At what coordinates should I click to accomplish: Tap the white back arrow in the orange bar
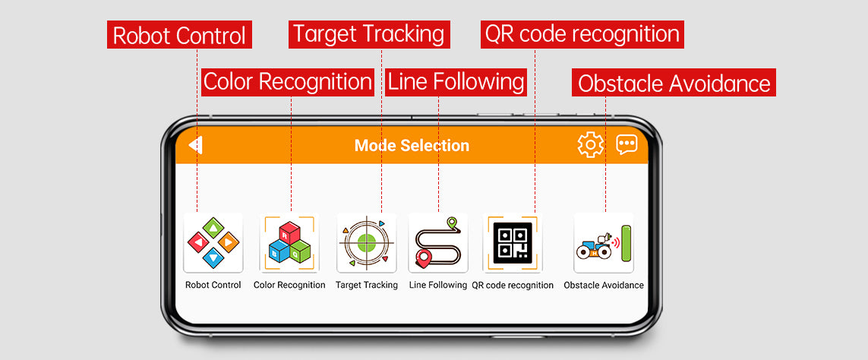(x=195, y=145)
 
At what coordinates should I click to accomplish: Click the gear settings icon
(x=591, y=144)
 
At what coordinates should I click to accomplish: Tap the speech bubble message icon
(x=627, y=144)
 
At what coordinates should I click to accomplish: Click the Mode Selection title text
(x=412, y=146)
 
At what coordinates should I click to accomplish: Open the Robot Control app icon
(x=213, y=242)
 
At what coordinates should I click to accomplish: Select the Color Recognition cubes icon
(x=289, y=242)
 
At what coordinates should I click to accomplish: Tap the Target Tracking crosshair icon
(x=367, y=242)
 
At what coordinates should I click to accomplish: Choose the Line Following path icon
(x=438, y=242)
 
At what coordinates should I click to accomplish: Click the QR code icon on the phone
(x=513, y=242)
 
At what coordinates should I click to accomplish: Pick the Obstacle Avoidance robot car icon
(x=604, y=242)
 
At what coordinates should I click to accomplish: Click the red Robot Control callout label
(x=179, y=35)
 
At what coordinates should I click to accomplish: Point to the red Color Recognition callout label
(x=288, y=82)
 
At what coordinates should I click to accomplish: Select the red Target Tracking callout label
(x=369, y=34)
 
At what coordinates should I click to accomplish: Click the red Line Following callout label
(x=456, y=82)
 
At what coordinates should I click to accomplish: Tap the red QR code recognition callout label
(x=582, y=34)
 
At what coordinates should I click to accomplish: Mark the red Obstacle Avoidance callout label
(x=674, y=83)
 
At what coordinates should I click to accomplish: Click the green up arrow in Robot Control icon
(x=213, y=228)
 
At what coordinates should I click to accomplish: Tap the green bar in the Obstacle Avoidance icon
(x=626, y=243)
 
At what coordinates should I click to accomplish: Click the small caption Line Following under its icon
(x=438, y=286)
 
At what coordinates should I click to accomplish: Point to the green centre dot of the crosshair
(x=367, y=242)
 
